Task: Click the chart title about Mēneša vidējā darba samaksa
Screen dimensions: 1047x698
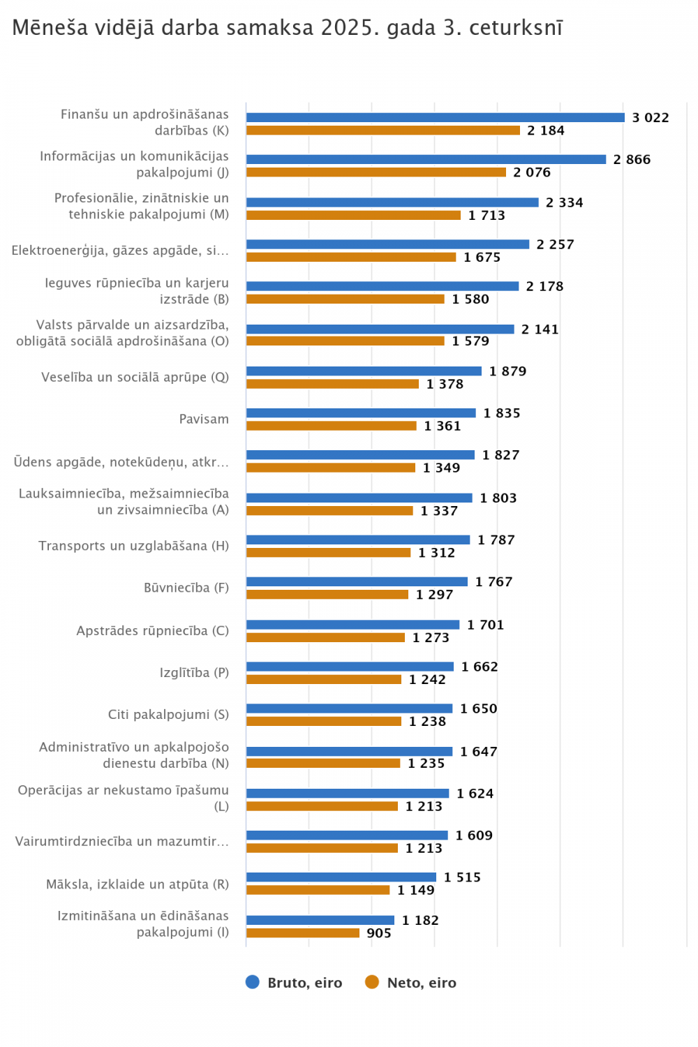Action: point(287,28)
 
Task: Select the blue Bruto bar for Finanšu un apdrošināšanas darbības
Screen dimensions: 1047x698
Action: point(435,118)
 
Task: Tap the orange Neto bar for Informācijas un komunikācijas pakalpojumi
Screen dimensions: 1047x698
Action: point(376,172)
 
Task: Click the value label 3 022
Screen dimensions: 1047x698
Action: point(650,118)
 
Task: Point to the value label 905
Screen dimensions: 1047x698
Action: point(379,933)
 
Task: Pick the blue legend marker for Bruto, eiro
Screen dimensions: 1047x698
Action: point(253,982)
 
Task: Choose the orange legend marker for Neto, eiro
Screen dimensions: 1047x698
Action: point(372,982)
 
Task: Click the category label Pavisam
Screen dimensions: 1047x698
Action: point(204,419)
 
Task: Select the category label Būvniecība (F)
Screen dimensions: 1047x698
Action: point(186,588)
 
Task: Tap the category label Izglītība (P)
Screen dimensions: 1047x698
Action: point(194,673)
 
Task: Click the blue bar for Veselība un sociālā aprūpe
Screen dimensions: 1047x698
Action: point(364,371)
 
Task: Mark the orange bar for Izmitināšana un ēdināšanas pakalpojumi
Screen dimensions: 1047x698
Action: point(302,933)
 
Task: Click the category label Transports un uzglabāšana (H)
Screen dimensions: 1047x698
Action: point(133,546)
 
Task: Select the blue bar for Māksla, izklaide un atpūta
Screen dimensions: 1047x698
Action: point(341,877)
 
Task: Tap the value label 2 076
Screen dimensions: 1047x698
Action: point(532,172)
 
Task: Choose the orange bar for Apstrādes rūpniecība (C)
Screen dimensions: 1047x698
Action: point(325,637)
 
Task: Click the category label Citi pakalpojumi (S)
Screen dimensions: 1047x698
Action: point(168,715)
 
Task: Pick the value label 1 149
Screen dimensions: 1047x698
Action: point(416,890)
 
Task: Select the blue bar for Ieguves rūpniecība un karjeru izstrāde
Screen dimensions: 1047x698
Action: point(383,286)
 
